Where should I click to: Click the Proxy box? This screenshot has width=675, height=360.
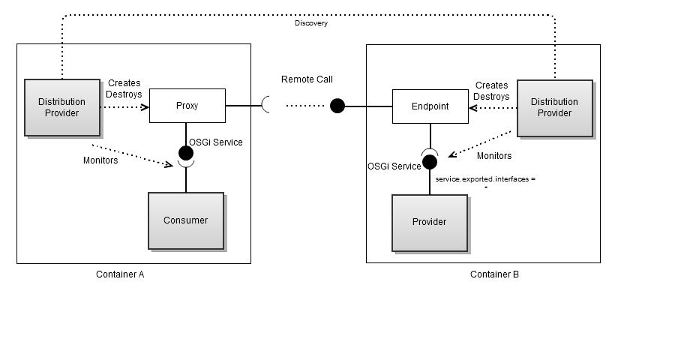click(187, 106)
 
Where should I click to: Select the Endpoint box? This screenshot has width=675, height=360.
click(430, 106)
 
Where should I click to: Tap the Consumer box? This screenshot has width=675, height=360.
click(185, 220)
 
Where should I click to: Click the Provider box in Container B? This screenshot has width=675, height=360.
click(429, 222)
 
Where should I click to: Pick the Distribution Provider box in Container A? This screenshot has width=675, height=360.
click(62, 107)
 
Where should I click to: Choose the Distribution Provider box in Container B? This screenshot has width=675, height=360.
click(554, 107)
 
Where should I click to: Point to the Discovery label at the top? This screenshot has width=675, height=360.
click(310, 23)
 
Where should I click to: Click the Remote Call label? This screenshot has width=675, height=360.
click(307, 79)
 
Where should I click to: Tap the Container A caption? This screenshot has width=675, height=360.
click(120, 274)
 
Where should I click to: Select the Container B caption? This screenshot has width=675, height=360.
click(494, 274)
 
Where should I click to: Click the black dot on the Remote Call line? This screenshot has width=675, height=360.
click(337, 106)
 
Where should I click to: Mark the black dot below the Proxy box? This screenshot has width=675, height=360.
click(186, 153)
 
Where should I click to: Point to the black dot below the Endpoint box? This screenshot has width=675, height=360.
click(430, 161)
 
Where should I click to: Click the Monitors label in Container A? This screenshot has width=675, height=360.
click(100, 160)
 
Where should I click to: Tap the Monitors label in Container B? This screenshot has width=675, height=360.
click(494, 156)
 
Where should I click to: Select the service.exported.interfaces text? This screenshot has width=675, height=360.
click(486, 180)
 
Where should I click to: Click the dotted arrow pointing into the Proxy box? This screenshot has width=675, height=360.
click(124, 106)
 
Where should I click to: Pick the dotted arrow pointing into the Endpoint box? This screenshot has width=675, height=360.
click(491, 107)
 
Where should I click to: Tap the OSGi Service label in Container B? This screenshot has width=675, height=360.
click(394, 166)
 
